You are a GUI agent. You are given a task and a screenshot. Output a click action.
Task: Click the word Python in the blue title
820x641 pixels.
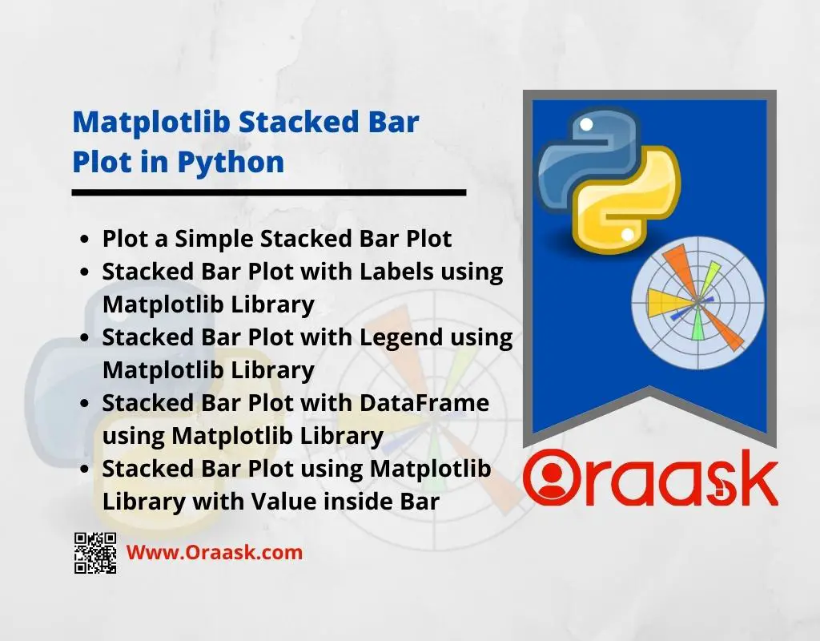231,163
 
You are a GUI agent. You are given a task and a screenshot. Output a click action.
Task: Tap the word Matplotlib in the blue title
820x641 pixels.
151,122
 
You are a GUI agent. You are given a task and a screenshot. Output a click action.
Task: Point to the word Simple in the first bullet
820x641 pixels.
215,240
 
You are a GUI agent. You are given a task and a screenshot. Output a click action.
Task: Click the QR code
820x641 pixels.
95,553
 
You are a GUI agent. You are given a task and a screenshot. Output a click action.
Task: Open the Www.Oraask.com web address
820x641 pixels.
215,553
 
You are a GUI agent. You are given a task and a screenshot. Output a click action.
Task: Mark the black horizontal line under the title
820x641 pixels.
269,192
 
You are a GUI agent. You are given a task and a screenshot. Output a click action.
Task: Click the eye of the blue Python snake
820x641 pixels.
586,125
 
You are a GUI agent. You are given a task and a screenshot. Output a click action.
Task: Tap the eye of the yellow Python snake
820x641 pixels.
628,235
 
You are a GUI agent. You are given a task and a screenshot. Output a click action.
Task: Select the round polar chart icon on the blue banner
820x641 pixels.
697,302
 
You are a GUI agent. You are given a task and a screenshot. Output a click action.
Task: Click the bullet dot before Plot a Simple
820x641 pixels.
85,240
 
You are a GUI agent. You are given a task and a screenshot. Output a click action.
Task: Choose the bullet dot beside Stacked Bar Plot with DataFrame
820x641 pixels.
85,404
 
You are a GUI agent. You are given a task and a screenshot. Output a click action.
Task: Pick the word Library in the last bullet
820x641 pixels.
144,502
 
